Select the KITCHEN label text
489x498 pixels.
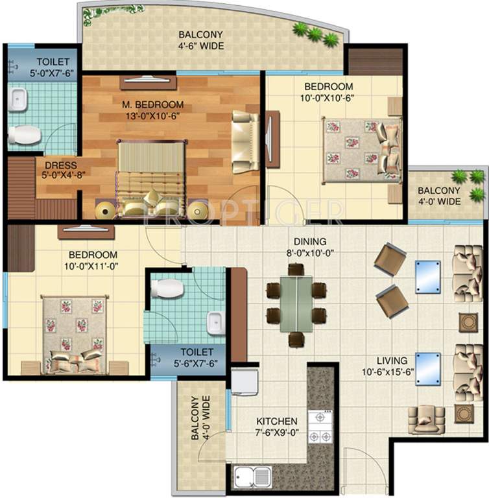point(277,421)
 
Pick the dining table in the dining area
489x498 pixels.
point(296,304)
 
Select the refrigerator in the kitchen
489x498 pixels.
point(244,382)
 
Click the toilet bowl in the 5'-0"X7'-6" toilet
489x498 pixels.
point(24,134)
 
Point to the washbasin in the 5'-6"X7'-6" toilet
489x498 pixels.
point(215,322)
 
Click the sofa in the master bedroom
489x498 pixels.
point(245,142)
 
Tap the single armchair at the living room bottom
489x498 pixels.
point(425,420)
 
